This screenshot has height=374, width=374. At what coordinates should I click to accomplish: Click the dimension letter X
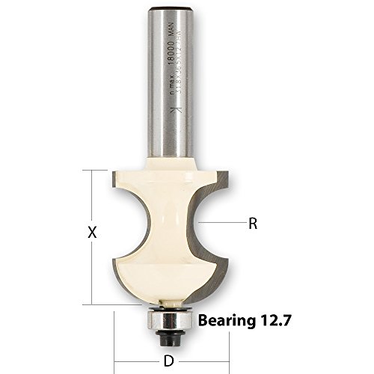(x=92, y=233)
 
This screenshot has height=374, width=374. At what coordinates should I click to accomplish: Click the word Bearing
(x=227, y=321)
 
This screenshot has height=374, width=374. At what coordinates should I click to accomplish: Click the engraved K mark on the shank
(x=174, y=113)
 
